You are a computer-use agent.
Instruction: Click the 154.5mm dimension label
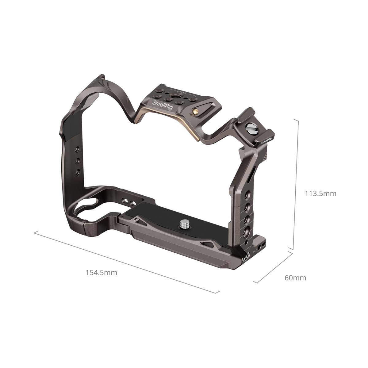click(x=102, y=272)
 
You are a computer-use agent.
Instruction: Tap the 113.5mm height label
click(x=320, y=194)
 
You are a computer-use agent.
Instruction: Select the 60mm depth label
click(x=295, y=278)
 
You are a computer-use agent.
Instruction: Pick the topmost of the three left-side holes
click(x=77, y=150)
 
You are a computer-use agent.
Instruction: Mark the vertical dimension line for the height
click(x=295, y=184)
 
